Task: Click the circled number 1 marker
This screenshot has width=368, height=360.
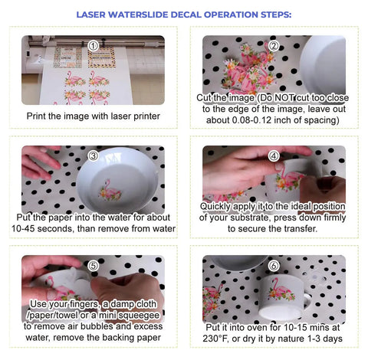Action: [x=93, y=46]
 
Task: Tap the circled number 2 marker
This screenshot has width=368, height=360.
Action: [x=274, y=46]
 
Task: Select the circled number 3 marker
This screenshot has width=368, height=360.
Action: [x=93, y=155]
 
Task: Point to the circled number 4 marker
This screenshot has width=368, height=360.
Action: [x=274, y=155]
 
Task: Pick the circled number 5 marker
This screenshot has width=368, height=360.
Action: [x=93, y=266]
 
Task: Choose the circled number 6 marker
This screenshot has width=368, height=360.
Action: [x=274, y=266]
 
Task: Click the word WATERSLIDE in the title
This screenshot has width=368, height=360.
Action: [x=138, y=15]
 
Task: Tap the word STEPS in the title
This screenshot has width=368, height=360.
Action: [x=276, y=15]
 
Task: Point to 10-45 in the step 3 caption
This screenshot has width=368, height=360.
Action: [x=23, y=228]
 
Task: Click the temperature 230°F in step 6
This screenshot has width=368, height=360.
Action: [x=215, y=339]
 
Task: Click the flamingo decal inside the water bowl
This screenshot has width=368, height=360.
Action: [x=110, y=190]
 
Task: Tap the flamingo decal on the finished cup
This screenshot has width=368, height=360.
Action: [x=281, y=290]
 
